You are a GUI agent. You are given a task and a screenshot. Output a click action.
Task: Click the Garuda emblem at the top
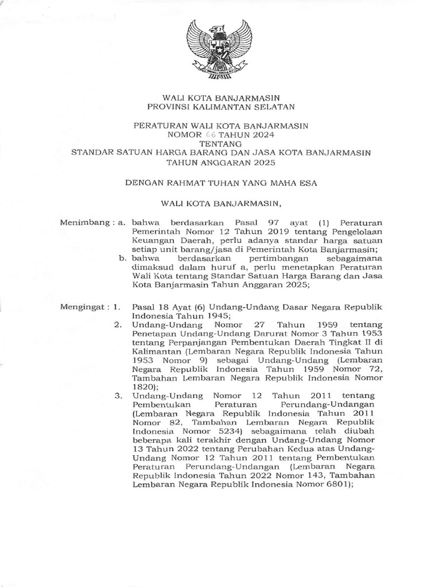click(x=219, y=50)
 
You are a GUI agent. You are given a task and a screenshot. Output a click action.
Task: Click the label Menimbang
click(x=84, y=222)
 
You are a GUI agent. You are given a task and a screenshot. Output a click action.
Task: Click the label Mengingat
click(x=84, y=307)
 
